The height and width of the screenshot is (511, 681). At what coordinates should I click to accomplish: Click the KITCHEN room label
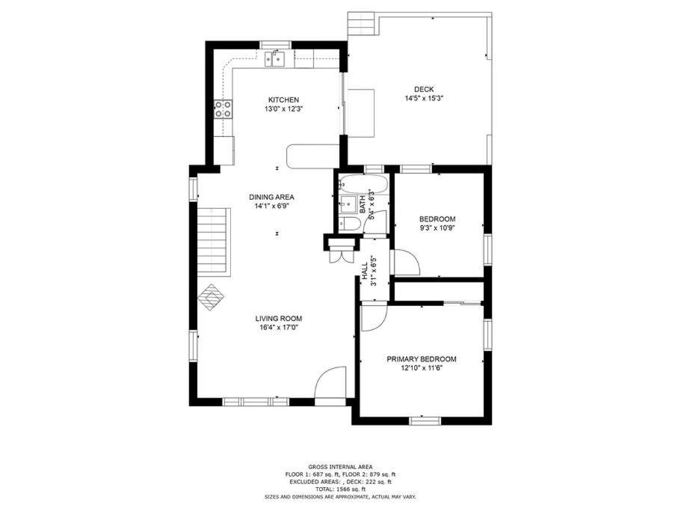(x=283, y=100)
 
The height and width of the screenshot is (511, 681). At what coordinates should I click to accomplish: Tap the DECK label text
(x=423, y=90)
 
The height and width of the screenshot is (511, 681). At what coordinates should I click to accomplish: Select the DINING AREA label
(x=271, y=198)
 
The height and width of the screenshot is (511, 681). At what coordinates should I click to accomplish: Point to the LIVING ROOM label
(x=278, y=319)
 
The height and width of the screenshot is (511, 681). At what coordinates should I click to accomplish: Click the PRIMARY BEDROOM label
(x=422, y=359)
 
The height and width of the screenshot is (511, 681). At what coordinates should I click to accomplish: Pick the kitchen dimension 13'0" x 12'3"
(x=283, y=109)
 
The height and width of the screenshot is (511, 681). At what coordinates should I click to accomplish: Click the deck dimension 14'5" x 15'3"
(x=423, y=99)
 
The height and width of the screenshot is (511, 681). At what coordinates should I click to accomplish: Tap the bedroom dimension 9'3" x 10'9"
(x=437, y=228)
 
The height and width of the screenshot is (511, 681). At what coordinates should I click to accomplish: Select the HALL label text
(x=365, y=270)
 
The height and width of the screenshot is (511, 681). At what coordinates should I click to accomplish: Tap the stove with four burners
(x=223, y=108)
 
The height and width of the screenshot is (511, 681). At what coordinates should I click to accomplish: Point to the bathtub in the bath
(x=363, y=184)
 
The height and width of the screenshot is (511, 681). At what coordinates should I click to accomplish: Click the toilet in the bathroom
(x=349, y=224)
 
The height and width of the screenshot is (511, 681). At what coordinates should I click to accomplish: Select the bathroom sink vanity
(x=348, y=203)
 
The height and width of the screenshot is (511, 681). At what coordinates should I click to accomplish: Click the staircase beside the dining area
(x=213, y=241)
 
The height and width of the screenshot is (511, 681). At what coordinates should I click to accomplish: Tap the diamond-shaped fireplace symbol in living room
(x=211, y=297)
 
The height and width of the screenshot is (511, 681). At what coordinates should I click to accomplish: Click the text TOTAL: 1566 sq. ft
(x=340, y=489)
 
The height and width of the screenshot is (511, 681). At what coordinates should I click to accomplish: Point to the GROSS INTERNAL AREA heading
(x=340, y=467)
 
